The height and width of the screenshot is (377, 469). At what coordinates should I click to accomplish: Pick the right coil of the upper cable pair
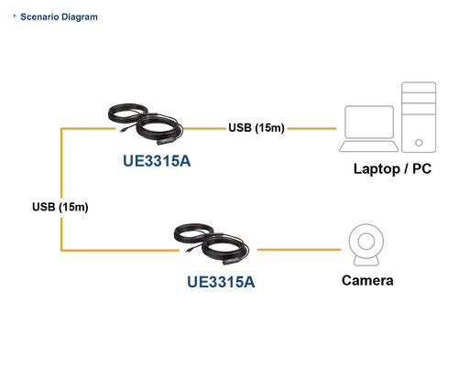coord(157,126)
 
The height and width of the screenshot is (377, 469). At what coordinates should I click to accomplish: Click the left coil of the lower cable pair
coord(192,235)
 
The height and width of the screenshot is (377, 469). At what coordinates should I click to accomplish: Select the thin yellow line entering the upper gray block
coord(311,130)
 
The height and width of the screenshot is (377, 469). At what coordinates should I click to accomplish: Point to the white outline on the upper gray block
coord(434,117)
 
